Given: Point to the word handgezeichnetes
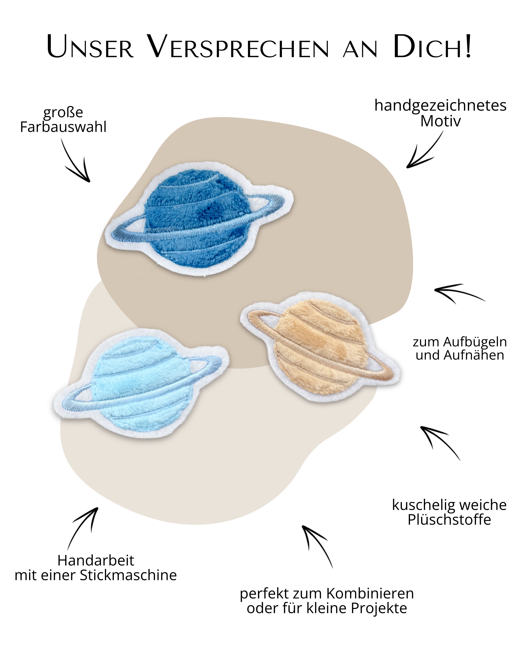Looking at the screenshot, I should coord(440,106).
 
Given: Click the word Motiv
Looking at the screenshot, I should coord(440,121).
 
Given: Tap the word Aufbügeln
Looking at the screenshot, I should coord(475,342).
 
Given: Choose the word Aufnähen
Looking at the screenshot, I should coord(475,355).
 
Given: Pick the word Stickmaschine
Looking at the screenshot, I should coord(128,575).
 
